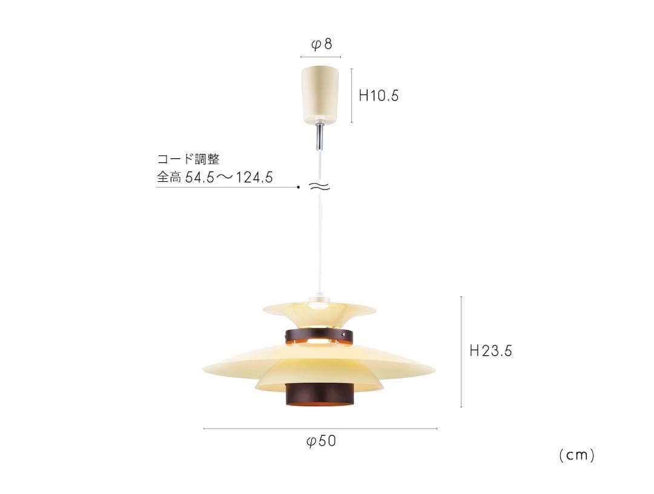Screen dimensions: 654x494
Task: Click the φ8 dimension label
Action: [x=322, y=44]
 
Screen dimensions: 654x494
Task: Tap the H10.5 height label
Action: [x=378, y=96]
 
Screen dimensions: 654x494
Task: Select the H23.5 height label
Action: [x=490, y=351]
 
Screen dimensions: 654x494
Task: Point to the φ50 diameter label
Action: [x=321, y=441]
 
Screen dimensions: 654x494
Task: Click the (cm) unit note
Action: [x=577, y=455]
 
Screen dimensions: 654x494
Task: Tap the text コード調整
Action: [x=188, y=159]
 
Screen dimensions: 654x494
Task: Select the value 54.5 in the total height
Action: [x=199, y=178]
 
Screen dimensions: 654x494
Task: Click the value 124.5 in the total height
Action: [x=254, y=178]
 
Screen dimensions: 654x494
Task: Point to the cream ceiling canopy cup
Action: [x=320, y=95]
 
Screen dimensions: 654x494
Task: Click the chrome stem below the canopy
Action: [x=320, y=136]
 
